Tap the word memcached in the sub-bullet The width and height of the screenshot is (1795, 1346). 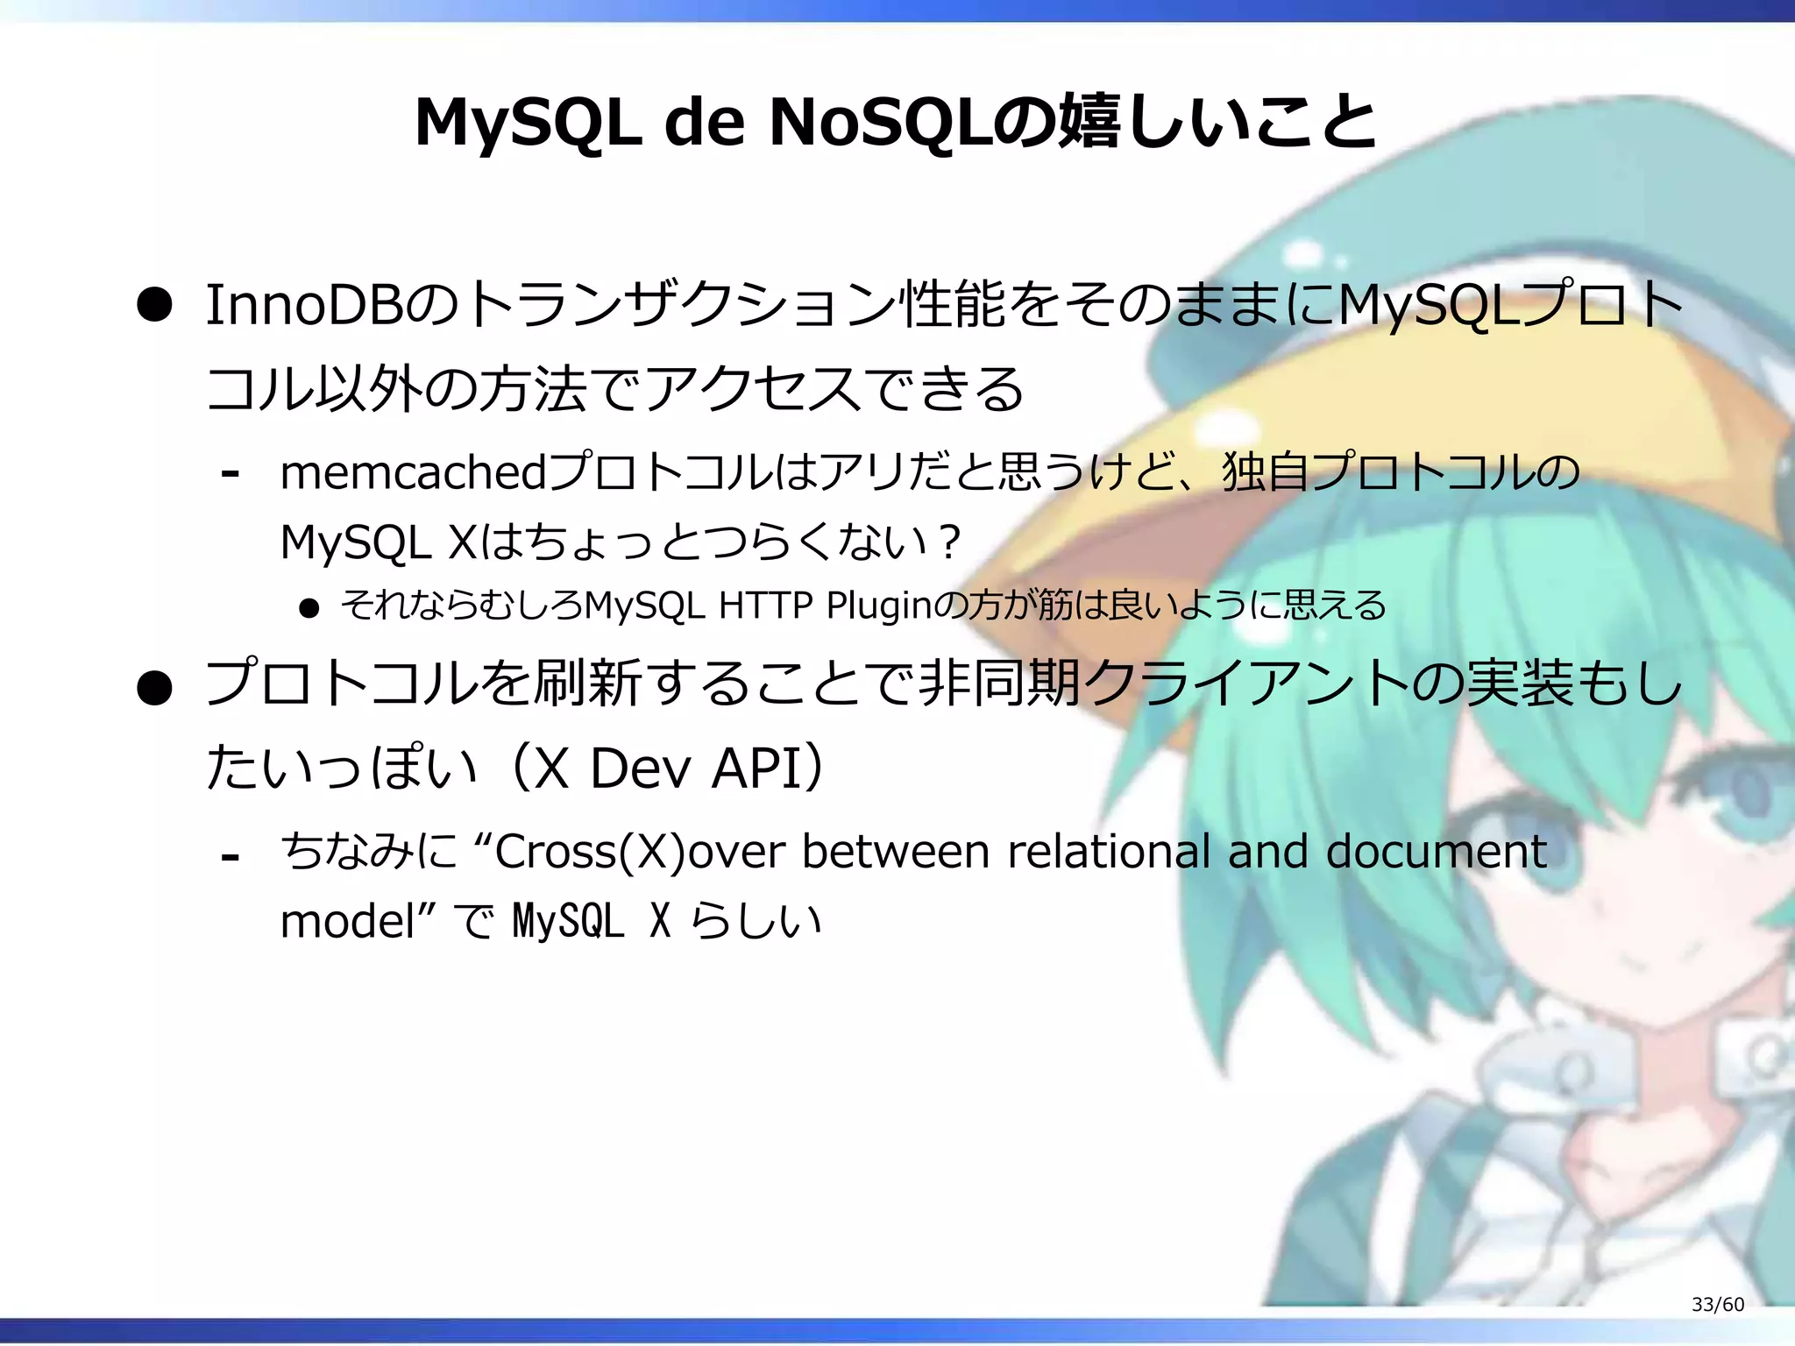click(413, 472)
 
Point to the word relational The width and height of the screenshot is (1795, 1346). click(1109, 851)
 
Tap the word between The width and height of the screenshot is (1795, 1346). click(896, 851)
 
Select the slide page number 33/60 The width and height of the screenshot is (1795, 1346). click(1717, 1304)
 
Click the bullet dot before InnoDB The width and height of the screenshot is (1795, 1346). click(154, 306)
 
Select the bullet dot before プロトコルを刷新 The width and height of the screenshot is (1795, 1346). click(154, 688)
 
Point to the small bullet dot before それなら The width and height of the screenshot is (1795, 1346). click(309, 607)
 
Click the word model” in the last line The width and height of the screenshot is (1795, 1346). click(358, 921)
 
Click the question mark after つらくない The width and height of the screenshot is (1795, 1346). click(948, 542)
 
